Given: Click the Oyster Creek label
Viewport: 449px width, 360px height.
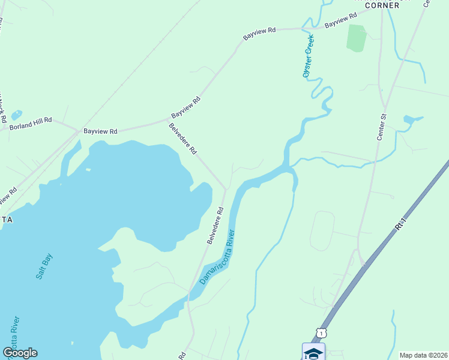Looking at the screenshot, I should coord(309,56).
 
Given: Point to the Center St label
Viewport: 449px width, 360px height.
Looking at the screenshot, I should coord(382,127).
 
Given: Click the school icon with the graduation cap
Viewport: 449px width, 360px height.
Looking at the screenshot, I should coord(313,352).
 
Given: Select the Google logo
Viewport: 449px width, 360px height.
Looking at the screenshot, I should coord(20,353).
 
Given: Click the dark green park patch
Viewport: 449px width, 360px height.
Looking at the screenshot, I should coord(357,38).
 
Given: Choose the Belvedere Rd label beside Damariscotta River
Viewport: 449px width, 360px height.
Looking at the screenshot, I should coord(215,226).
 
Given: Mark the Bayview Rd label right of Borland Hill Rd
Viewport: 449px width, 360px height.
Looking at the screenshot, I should coord(100,130).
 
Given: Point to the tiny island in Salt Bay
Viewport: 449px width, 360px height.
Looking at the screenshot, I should coord(88,169).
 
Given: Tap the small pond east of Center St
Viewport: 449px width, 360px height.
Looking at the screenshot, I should coord(411,119).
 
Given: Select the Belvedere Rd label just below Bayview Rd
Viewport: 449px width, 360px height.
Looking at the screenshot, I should coord(182,139).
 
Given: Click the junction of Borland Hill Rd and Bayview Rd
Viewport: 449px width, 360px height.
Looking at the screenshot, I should coord(76,129).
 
